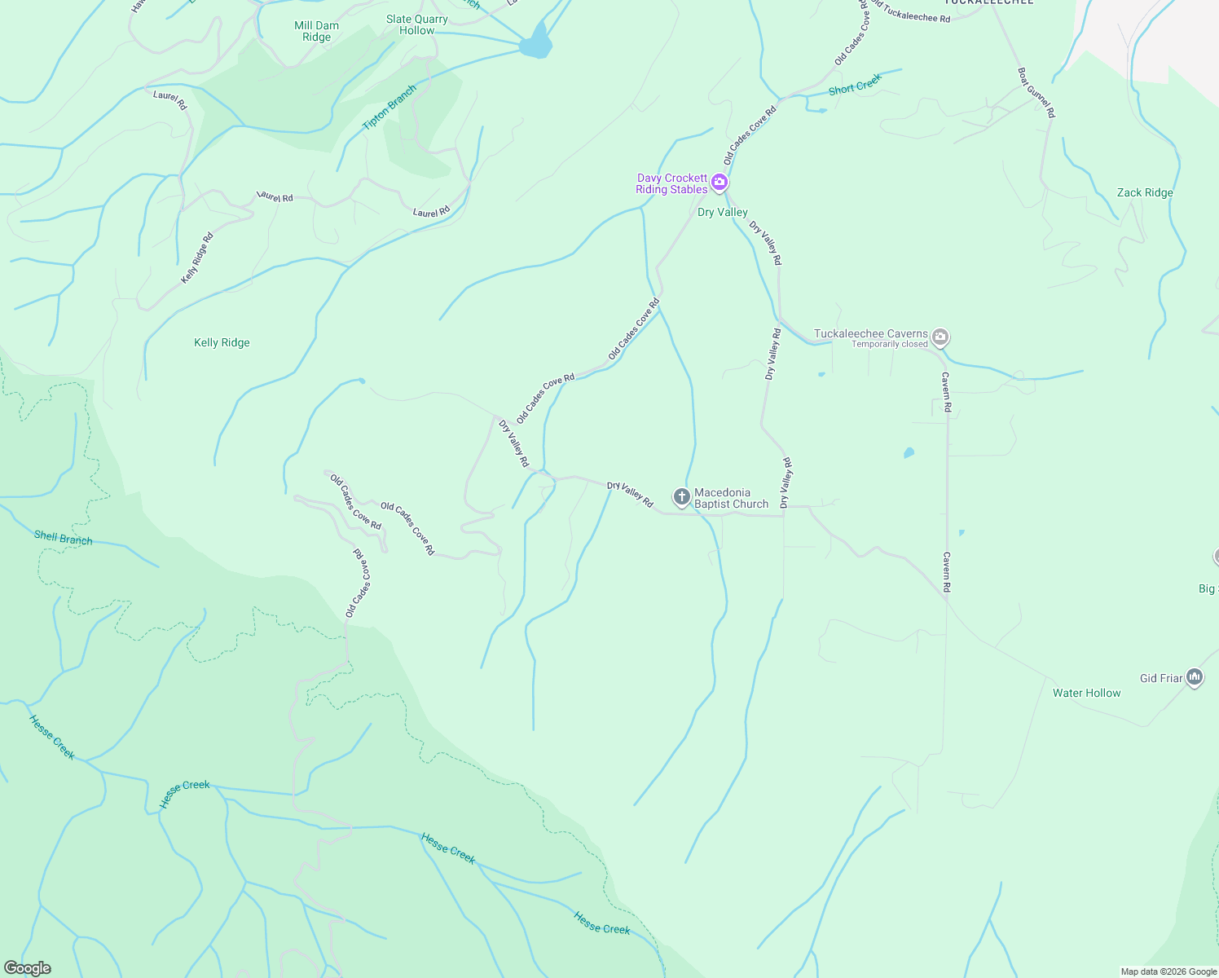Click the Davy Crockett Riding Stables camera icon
719,183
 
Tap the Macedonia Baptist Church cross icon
682,496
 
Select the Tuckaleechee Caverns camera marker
940,337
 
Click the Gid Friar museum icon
1195,677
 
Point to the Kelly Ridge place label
222,343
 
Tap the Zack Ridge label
1145,193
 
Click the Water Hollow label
1086,694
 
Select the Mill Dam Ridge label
316,31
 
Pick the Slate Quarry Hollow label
417,24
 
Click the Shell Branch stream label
64,538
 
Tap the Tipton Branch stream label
389,108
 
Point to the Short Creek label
855,85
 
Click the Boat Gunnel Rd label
1036,93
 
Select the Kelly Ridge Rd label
196,258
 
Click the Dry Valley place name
722,213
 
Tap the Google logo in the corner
27,968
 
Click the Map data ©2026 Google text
1168,971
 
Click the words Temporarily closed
889,345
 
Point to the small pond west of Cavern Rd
909,452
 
